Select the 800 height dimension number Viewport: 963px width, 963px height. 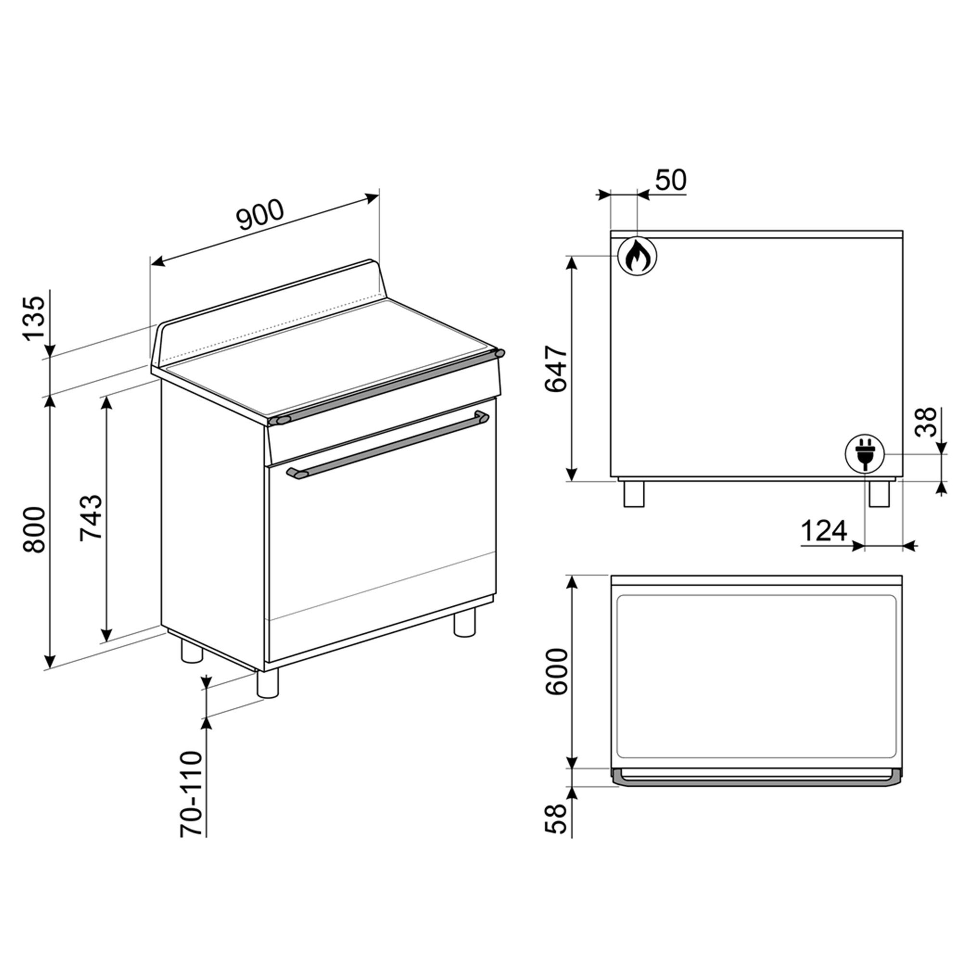(x=35, y=530)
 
